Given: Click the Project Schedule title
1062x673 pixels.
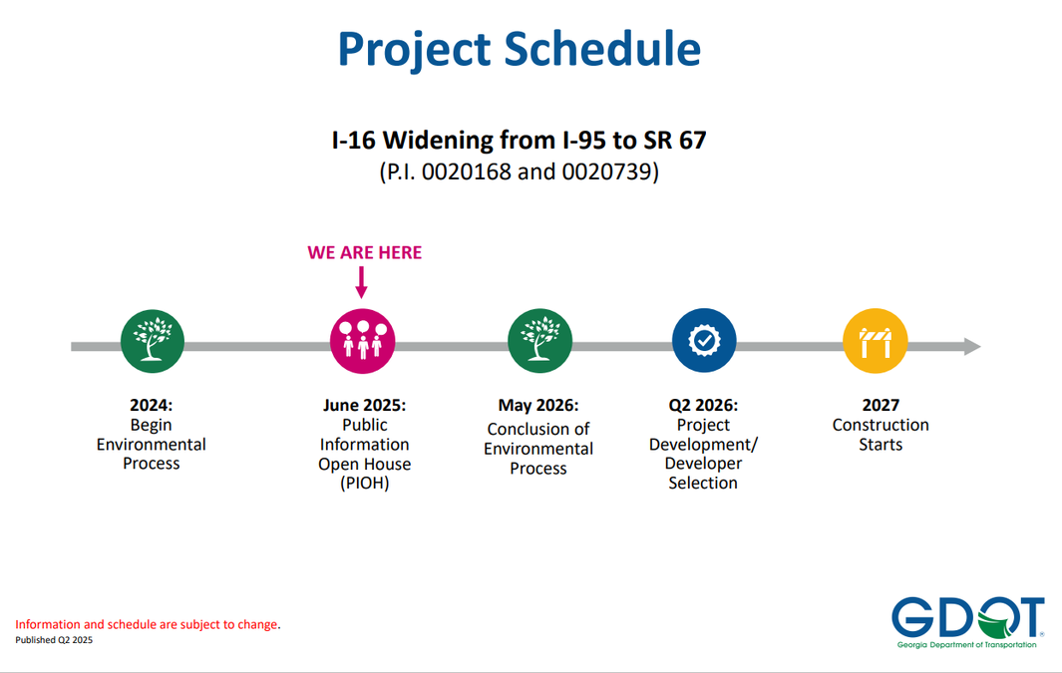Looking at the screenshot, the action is tap(519, 50).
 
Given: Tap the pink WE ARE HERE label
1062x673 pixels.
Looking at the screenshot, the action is tap(364, 252).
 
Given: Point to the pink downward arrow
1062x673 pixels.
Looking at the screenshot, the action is tap(362, 281).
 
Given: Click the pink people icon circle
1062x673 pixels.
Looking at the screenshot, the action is tap(362, 341).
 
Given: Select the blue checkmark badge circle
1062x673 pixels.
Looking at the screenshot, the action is tap(704, 341).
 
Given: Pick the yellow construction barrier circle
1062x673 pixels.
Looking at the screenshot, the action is tap(876, 341).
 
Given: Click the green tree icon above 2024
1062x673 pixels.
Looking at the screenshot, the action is tap(153, 341).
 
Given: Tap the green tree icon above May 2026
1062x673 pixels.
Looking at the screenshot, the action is tap(539, 341).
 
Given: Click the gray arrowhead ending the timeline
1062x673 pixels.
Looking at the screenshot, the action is tap(972, 347).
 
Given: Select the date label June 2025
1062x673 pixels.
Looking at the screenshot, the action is tap(364, 405).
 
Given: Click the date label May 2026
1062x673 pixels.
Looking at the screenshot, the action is tap(538, 405).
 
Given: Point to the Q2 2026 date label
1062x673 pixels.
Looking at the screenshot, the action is tap(703, 405).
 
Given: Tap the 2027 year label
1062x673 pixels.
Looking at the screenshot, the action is tap(881, 405).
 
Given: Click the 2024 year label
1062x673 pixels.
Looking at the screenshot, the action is tap(151, 405).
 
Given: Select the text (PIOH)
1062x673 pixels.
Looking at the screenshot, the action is tap(364, 484).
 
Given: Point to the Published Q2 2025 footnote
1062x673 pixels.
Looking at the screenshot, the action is tap(54, 640).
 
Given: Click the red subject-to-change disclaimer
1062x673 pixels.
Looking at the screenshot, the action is tap(148, 624).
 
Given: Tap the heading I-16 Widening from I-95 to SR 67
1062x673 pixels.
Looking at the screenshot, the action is tap(519, 141).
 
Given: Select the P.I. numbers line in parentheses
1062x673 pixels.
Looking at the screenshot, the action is tap(519, 171).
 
